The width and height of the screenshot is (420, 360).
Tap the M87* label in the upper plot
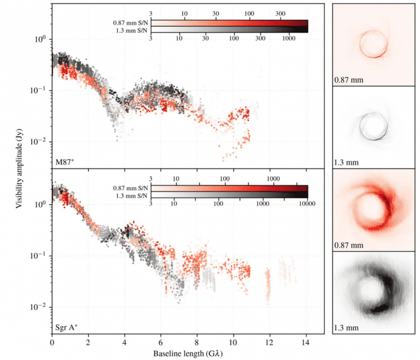point(65,162)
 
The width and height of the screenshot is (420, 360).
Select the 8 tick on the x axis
point(197,342)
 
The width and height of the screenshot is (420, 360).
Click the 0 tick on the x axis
point(52,342)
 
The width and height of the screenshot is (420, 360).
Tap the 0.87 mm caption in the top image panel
point(348,79)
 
